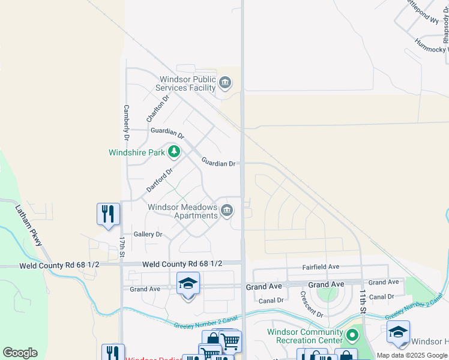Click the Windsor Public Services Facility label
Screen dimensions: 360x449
point(187,83)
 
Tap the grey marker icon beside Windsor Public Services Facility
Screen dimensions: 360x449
point(225,82)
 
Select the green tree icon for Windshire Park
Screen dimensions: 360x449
point(174,152)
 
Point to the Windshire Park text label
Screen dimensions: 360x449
point(136,152)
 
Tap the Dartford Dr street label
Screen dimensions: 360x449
point(160,180)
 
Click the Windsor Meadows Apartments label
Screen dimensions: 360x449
point(183,211)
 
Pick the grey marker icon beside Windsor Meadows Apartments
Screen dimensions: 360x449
point(227,210)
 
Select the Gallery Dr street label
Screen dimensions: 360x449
point(148,235)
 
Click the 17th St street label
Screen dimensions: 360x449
point(121,247)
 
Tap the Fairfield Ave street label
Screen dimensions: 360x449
point(321,266)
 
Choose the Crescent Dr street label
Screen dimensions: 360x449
point(312,305)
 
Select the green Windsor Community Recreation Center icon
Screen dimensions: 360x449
point(353,333)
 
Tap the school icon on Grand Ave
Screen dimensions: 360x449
point(188,284)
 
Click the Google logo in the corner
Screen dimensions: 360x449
point(20,352)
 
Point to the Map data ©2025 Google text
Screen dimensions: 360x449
point(412,355)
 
